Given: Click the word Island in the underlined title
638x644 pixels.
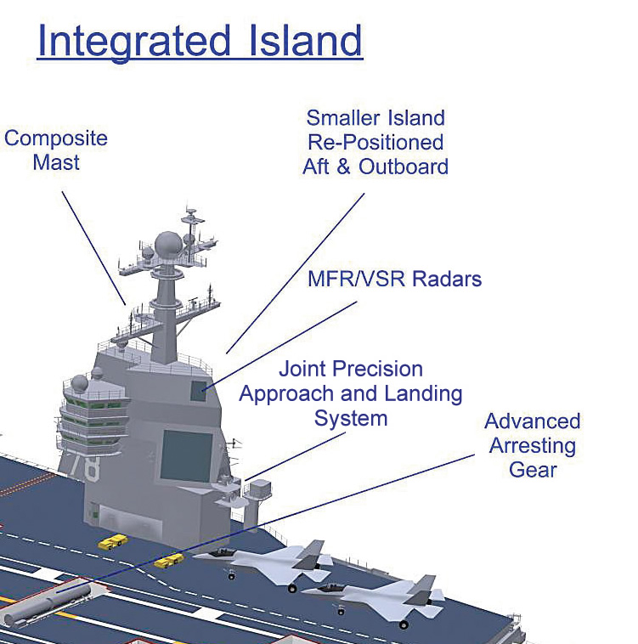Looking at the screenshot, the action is pyautogui.click(x=306, y=40).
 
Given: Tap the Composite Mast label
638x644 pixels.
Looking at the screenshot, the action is pyautogui.click(x=56, y=150).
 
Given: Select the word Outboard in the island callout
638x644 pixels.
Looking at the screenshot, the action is pyautogui.click(x=404, y=167).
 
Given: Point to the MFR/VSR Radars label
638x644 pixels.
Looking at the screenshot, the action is pyautogui.click(x=394, y=279).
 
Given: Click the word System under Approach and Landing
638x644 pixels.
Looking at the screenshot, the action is pyautogui.click(x=351, y=420).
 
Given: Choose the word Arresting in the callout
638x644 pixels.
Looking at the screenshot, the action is pyautogui.click(x=533, y=446).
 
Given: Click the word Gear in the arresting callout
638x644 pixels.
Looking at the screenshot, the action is pyautogui.click(x=533, y=470).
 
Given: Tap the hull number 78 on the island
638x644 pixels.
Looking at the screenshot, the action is pyautogui.click(x=85, y=466).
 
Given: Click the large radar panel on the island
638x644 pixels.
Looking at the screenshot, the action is pyautogui.click(x=187, y=456).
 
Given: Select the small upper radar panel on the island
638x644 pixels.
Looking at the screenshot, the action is pyautogui.click(x=198, y=391).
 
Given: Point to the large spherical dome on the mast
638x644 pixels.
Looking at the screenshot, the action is pyautogui.click(x=168, y=246).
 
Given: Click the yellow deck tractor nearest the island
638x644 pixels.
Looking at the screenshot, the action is pyautogui.click(x=112, y=542).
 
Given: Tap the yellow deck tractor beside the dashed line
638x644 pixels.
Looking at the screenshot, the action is pyautogui.click(x=169, y=560).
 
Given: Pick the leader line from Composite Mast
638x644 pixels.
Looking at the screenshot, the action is pyautogui.click(x=94, y=248).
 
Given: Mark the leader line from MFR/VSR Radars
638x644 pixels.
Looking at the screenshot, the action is pyautogui.click(x=280, y=346).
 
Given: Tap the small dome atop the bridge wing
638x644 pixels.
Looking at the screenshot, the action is pyautogui.click(x=79, y=383).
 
